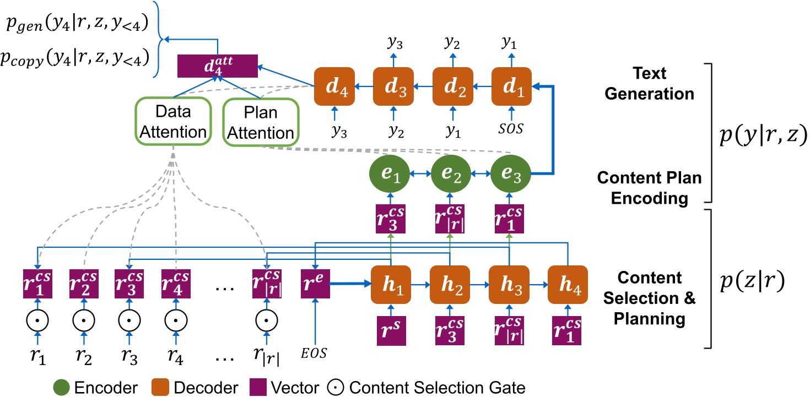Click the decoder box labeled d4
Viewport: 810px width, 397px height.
coord(333,86)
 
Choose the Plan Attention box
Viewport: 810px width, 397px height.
coord(260,122)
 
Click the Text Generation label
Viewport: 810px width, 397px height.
coord(649,84)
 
